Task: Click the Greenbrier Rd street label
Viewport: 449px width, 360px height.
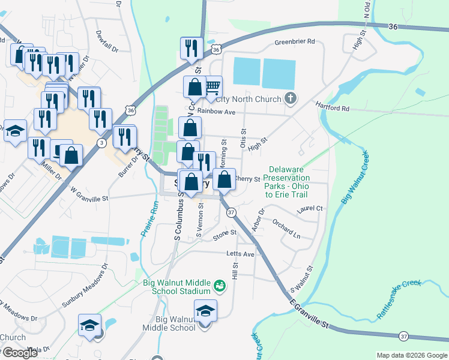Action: [295, 42]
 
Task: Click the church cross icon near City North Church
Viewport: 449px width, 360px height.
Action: [291, 98]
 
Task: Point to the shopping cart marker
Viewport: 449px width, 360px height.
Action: [212, 87]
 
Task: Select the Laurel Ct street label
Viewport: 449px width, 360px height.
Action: [310, 209]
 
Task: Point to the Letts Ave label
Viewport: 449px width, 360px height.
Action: [240, 254]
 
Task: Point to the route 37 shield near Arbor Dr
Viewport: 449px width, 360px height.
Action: [231, 213]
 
